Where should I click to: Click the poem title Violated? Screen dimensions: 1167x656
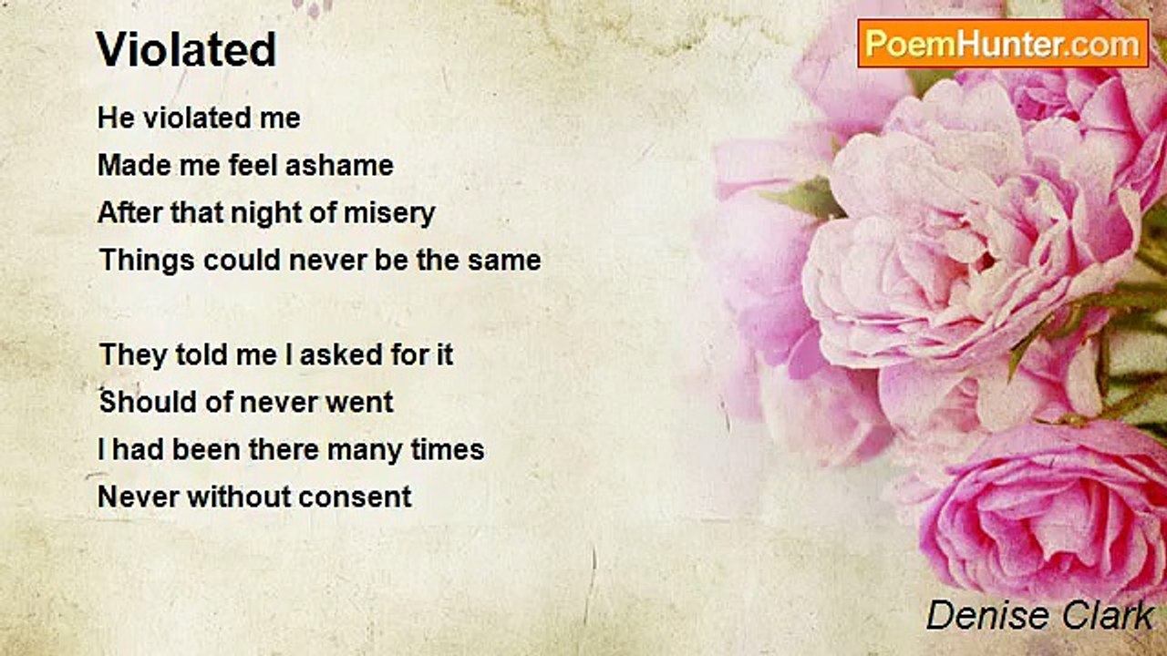pyautogui.click(x=186, y=49)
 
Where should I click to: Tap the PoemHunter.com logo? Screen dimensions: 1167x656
pyautogui.click(x=1003, y=44)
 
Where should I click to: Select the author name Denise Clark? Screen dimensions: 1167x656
pyautogui.click(x=1039, y=616)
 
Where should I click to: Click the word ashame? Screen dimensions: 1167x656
pyautogui.click(x=339, y=165)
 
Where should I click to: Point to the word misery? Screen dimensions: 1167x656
pyautogui.click(x=389, y=214)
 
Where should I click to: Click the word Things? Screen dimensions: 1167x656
pyautogui.click(x=147, y=261)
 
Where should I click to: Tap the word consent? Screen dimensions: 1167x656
pyautogui.click(x=355, y=497)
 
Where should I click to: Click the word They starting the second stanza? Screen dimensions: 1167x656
pyautogui.click(x=133, y=355)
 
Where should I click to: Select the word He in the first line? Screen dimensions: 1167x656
pyautogui.click(x=116, y=118)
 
